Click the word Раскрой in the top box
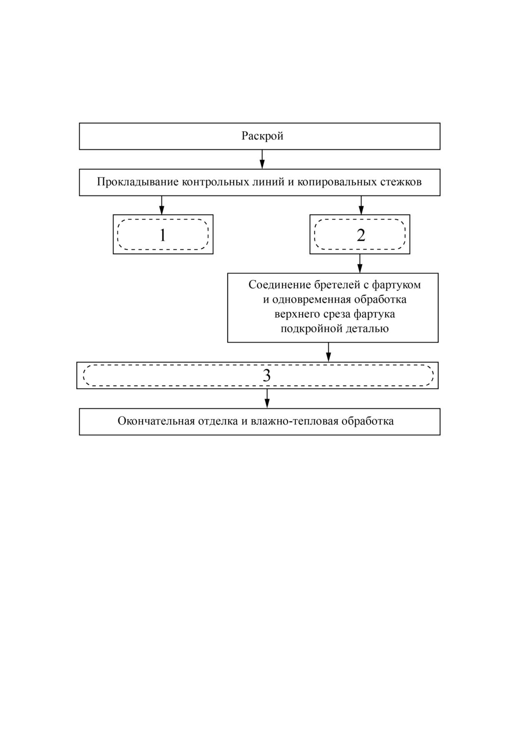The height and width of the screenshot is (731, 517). [262, 136]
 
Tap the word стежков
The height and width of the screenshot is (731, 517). [401, 182]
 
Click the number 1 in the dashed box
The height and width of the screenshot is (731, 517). [163, 235]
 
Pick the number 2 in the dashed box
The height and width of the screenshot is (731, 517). [361, 235]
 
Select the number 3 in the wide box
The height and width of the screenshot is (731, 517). [266, 376]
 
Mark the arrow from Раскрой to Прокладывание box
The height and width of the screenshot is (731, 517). [262, 159]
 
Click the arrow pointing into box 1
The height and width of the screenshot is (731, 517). [162, 205]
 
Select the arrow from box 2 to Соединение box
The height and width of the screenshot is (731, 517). [360, 263]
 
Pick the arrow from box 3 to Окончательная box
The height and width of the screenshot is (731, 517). [267, 398]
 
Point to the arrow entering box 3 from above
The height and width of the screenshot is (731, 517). [328, 352]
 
